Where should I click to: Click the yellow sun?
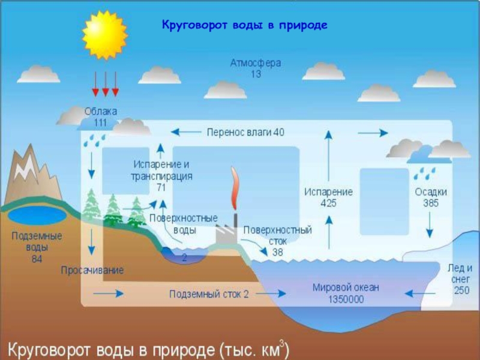pyautogui.click(x=106, y=35)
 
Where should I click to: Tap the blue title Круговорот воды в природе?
pyautogui.click(x=245, y=26)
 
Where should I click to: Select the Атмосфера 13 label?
pyautogui.click(x=256, y=68)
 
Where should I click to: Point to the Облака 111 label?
pyautogui.click(x=100, y=117)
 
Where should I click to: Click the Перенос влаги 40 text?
pyautogui.click(x=245, y=132)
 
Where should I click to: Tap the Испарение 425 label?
pyautogui.click(x=328, y=197)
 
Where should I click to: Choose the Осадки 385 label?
pyautogui.click(x=430, y=197)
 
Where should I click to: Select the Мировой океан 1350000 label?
pyautogui.click(x=346, y=293)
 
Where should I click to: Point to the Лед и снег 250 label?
pyautogui.click(x=460, y=278)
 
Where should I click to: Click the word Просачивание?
pyautogui.click(x=92, y=271)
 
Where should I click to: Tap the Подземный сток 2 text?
pyautogui.click(x=208, y=294)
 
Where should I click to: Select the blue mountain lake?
pyautogui.click(x=36, y=215)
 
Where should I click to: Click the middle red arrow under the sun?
pyautogui.click(x=106, y=84)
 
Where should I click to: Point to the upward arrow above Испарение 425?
pyautogui.click(x=329, y=156)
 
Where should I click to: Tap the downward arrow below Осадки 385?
pyautogui.click(x=430, y=226)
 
